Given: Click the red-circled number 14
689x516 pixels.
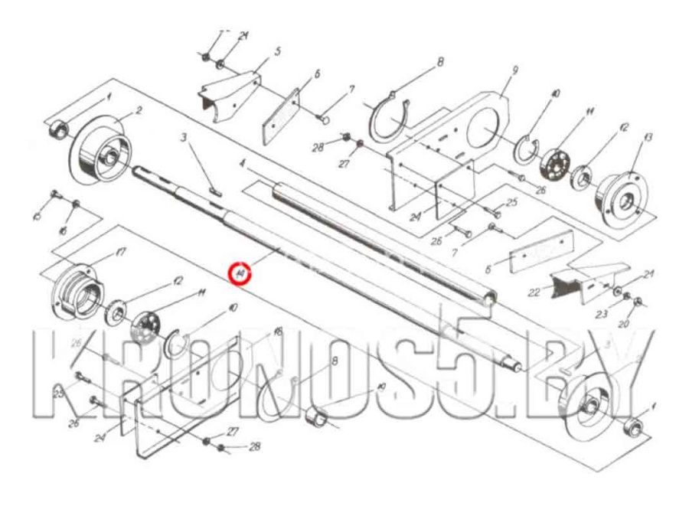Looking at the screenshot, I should click(240, 272).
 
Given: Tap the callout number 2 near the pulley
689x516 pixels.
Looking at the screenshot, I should click(139, 110).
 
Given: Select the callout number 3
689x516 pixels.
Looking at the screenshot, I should click(184, 138).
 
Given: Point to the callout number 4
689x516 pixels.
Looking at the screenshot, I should click(242, 164).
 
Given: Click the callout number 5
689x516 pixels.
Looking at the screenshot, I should click(277, 51).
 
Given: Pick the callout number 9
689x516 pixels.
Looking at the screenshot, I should click(515, 70).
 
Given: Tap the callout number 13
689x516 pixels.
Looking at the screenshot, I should click(648, 137).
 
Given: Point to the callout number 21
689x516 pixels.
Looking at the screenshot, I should click(648, 274).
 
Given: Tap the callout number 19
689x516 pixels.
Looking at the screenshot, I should click(381, 387).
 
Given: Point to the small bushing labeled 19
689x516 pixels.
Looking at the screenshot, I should click(317, 418).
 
